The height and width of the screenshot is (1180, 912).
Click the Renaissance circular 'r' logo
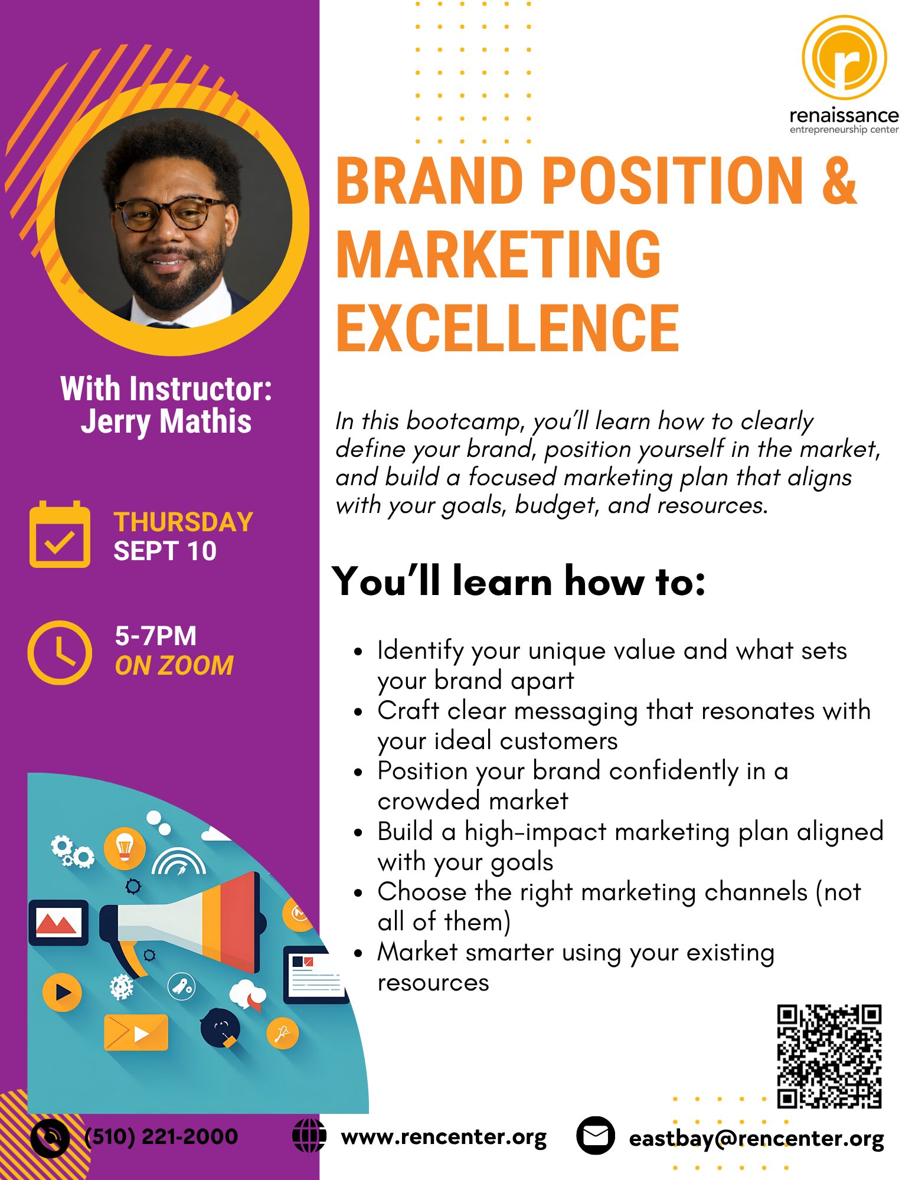(844, 57)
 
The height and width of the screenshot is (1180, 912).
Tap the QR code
(829, 1056)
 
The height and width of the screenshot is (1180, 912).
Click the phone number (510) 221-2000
(161, 1136)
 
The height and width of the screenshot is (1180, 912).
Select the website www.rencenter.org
(444, 1137)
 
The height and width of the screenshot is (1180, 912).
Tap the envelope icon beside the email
(595, 1135)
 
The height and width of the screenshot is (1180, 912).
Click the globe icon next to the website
(309, 1135)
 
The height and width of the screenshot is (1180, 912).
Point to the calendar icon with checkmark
(60, 534)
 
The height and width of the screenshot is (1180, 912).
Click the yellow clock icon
(60, 652)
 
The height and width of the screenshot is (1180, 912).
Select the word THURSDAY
(183, 522)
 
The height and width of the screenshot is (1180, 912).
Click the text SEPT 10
(165, 551)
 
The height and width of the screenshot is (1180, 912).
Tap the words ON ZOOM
(174, 665)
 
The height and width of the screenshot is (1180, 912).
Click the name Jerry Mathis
(166, 421)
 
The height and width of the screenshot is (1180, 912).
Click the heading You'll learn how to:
(518, 581)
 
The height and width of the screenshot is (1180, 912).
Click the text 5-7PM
(155, 636)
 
